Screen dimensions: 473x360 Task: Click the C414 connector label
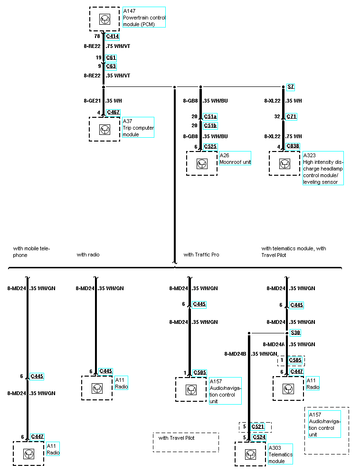tap(113, 36)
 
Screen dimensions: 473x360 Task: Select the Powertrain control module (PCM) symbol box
tap(105, 19)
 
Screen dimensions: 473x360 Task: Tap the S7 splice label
tap(291, 87)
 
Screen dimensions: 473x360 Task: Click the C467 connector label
tap(114, 113)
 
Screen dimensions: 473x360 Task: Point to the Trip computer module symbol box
tap(105, 129)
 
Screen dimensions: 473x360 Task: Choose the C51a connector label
tap(210, 116)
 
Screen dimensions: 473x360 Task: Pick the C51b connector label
tap(210, 126)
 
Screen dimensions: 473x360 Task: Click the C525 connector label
tap(210, 147)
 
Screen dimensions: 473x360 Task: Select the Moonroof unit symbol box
tap(202, 163)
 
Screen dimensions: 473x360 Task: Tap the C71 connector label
tap(292, 116)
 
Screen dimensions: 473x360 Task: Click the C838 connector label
tap(293, 146)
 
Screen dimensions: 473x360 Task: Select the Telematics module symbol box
tap(250, 454)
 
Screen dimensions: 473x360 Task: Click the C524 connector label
tap(259, 437)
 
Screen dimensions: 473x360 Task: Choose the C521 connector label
tap(258, 427)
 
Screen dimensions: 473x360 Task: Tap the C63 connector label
tap(111, 66)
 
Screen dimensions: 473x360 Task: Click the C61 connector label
tap(111, 57)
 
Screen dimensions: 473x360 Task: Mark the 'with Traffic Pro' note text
tap(201, 255)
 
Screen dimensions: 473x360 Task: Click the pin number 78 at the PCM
tap(97, 36)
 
